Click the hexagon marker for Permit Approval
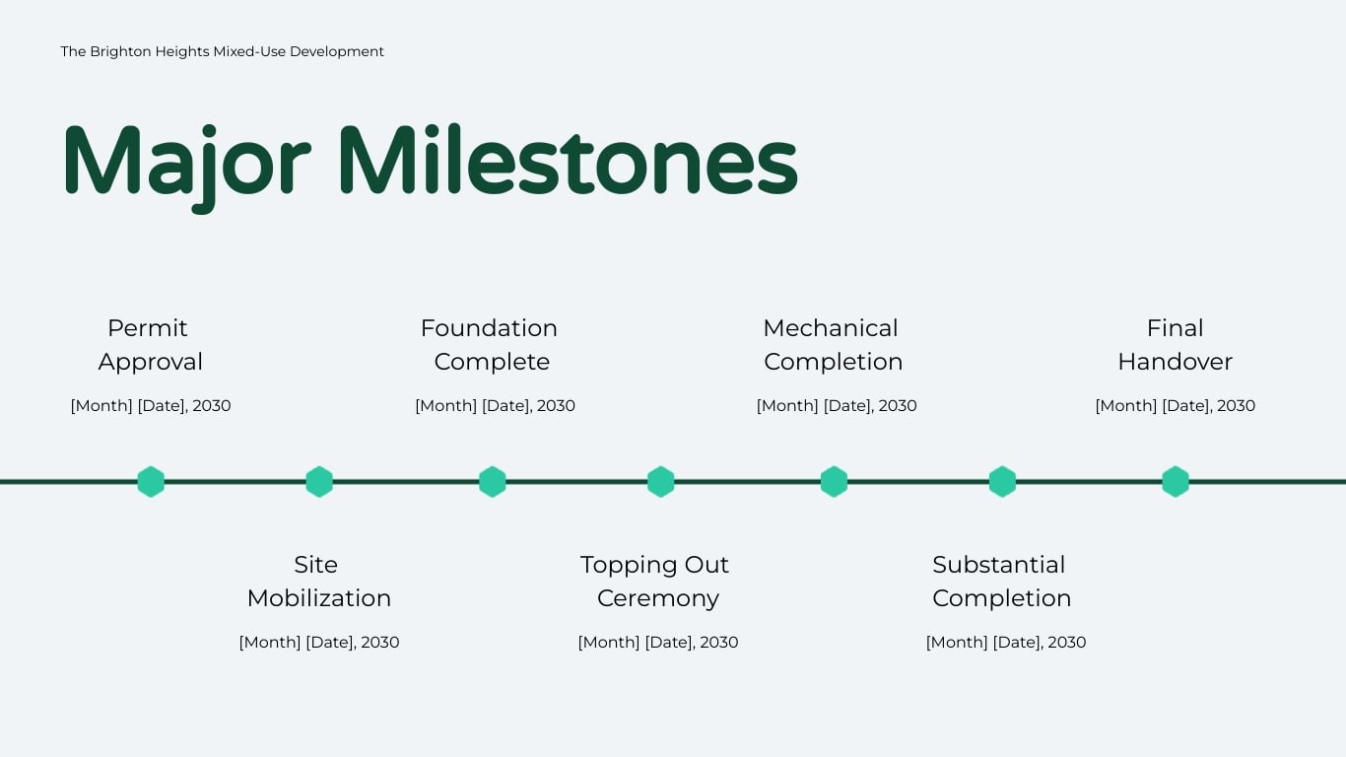pyautogui.click(x=151, y=482)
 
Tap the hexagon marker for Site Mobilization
pyautogui.click(x=319, y=482)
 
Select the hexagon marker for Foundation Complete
pyautogui.click(x=493, y=482)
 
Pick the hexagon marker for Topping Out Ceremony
pyautogui.click(x=661, y=482)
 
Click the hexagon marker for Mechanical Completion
pyautogui.click(x=834, y=482)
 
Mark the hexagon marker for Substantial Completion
pyautogui.click(x=1002, y=482)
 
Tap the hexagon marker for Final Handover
pyautogui.click(x=1176, y=482)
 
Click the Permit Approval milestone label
pyautogui.click(x=150, y=345)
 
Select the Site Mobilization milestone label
pyautogui.click(x=318, y=582)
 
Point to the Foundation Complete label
pyautogui.click(x=490, y=345)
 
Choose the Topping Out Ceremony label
pyautogui.click(x=656, y=582)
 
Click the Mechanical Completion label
pyautogui.click(x=833, y=345)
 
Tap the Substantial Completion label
pyautogui.click(x=1001, y=582)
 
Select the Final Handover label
pyautogui.click(x=1175, y=345)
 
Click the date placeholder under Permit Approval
pyautogui.click(x=151, y=406)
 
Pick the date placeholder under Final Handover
pyautogui.click(x=1175, y=406)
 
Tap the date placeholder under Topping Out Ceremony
pyautogui.click(x=657, y=643)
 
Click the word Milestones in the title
pyautogui.click(x=568, y=162)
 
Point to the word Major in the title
pyautogui.click(x=186, y=162)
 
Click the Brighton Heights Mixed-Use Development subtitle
pyautogui.click(x=222, y=51)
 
